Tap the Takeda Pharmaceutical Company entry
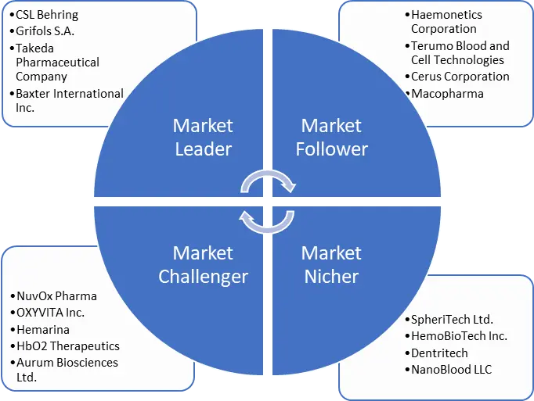(58, 62)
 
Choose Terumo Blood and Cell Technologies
(460, 52)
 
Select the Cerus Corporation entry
(460, 77)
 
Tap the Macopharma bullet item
(447, 93)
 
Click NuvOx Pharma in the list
(56, 296)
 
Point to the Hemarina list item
(43, 329)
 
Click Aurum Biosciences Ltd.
(67, 369)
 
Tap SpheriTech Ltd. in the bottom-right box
(452, 320)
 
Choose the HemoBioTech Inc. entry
(459, 336)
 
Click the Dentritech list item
(439, 353)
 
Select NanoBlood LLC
(451, 369)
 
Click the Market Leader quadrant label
(203, 137)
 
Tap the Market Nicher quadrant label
(331, 264)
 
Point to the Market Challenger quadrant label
(203, 264)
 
